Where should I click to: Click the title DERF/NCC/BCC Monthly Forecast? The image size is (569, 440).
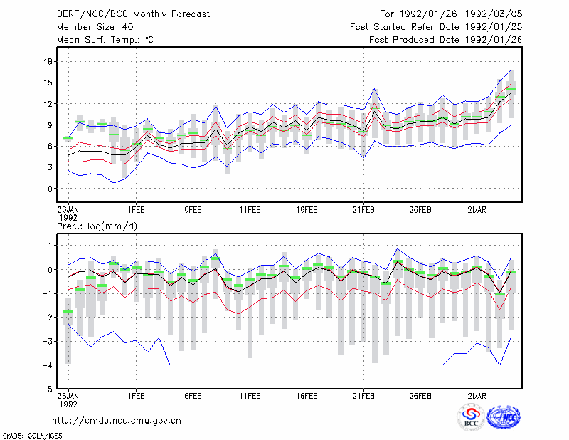click(x=133, y=14)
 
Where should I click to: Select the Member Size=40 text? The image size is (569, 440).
click(x=95, y=27)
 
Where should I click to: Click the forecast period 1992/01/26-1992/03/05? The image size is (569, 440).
click(x=451, y=14)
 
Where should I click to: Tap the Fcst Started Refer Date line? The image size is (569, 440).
click(x=436, y=27)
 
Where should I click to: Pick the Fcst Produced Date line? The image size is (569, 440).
click(x=446, y=40)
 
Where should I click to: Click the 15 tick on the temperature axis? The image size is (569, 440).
click(x=48, y=83)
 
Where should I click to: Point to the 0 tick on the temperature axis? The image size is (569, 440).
click(x=50, y=189)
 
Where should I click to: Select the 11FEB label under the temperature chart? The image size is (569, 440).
click(x=250, y=210)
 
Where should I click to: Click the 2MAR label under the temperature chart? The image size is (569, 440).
click(x=477, y=210)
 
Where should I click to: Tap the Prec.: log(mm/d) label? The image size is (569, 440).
click(x=97, y=226)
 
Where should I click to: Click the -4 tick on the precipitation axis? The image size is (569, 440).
click(x=48, y=365)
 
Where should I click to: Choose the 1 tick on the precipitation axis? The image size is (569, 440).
click(x=50, y=246)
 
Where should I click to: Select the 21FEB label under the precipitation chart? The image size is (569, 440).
click(x=363, y=396)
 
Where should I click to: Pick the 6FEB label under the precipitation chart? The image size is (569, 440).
click(x=193, y=396)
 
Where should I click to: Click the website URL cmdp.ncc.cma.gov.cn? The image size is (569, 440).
click(x=117, y=421)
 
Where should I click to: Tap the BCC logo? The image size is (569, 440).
click(x=471, y=417)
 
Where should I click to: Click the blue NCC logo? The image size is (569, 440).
click(x=504, y=417)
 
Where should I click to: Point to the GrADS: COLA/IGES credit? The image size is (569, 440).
click(x=32, y=436)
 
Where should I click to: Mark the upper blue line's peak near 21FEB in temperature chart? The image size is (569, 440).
click(x=375, y=88)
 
